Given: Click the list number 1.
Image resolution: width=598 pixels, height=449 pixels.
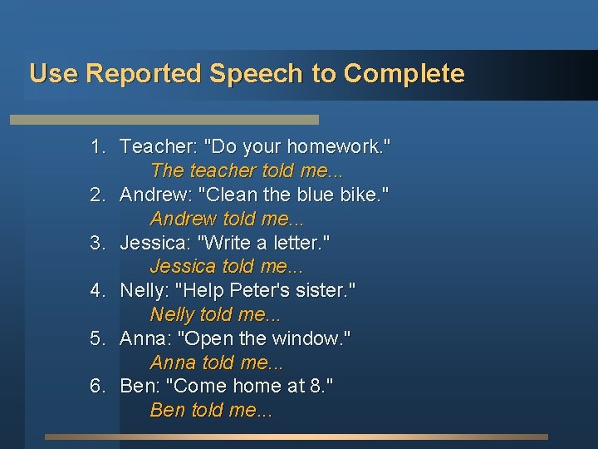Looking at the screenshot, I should [98, 147].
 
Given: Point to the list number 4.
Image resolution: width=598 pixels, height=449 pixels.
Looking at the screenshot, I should [98, 291].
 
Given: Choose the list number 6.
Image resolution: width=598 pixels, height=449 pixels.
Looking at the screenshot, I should [98, 387].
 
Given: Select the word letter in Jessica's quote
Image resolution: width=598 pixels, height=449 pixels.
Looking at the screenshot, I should [301, 243].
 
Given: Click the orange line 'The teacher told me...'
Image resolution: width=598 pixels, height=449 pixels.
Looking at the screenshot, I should [247, 170].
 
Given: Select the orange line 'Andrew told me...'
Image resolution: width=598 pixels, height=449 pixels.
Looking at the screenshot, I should [227, 219].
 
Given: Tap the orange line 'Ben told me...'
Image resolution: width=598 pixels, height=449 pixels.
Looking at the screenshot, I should [211, 411].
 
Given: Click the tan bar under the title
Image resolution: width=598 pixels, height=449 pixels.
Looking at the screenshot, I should [164, 120].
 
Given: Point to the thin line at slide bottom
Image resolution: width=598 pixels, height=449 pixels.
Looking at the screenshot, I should [297, 437].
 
